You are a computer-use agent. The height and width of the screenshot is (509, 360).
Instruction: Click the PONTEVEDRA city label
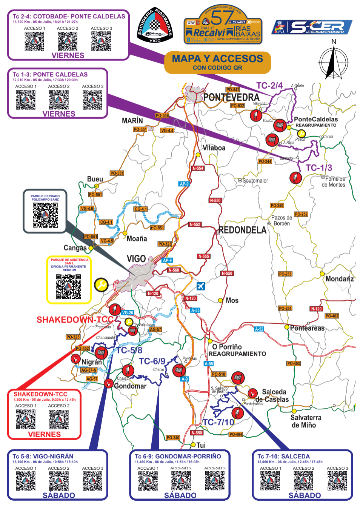[231, 97]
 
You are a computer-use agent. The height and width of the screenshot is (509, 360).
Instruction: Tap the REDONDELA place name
[242, 230]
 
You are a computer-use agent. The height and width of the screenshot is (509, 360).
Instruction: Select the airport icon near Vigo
[201, 286]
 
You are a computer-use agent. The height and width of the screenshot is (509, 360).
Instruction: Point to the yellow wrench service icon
[101, 285]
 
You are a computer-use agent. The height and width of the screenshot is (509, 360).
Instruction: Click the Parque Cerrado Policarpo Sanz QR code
[45, 215]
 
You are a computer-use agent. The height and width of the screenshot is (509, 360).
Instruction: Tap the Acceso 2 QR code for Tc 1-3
[59, 100]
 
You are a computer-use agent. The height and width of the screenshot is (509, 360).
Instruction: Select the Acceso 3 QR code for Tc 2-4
[101, 41]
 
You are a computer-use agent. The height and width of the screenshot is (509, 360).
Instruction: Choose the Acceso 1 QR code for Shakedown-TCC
[26, 419]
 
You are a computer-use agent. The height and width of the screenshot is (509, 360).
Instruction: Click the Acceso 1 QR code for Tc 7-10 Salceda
[270, 481]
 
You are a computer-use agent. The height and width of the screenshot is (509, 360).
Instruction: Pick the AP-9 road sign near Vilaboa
[184, 184]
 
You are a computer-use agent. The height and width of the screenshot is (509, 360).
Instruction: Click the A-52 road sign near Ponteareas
[259, 329]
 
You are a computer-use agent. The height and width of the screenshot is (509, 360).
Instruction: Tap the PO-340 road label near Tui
[173, 438]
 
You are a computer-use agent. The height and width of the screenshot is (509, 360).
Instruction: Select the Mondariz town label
[340, 279]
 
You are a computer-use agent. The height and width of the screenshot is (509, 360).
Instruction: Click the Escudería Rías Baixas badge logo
[155, 25]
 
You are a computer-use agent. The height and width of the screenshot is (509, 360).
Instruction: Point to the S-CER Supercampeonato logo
[312, 27]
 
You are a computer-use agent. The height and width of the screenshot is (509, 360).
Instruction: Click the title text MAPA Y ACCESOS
[217, 59]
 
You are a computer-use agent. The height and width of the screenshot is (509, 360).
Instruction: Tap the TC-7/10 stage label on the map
[218, 422]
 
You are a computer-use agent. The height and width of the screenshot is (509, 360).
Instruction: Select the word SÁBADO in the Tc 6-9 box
[180, 495]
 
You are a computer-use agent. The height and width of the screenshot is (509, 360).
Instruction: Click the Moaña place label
[137, 239]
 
